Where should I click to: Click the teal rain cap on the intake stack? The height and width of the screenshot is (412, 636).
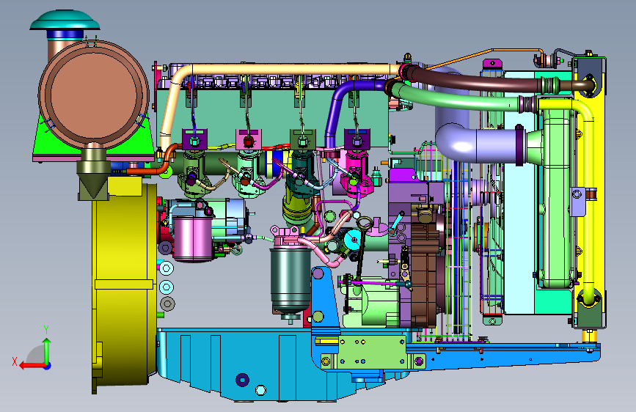click(65, 21)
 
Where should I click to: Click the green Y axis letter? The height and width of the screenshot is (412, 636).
click(46, 330)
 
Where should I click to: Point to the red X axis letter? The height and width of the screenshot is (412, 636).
click(15, 361)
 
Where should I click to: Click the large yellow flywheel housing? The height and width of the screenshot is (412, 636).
click(124, 284)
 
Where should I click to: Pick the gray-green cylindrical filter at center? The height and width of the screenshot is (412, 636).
click(290, 280)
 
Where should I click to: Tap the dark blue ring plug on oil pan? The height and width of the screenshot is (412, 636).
click(243, 380)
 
